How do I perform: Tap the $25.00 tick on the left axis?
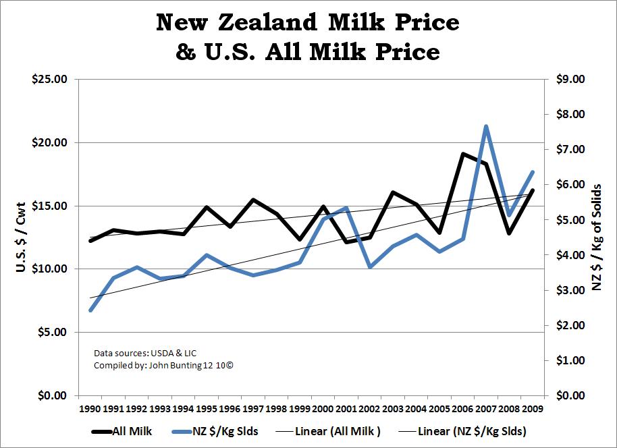click(49, 80)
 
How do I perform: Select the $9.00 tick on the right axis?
click(569, 80)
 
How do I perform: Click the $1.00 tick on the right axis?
click(569, 360)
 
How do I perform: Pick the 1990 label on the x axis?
click(90, 408)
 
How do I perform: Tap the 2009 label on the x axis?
click(533, 408)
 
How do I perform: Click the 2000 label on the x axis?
click(323, 408)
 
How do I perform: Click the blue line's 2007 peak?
click(485, 126)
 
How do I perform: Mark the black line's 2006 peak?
click(462, 154)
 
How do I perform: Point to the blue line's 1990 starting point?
click(90, 310)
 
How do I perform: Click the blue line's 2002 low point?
click(370, 267)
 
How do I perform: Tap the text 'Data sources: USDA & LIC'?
click(145, 353)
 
